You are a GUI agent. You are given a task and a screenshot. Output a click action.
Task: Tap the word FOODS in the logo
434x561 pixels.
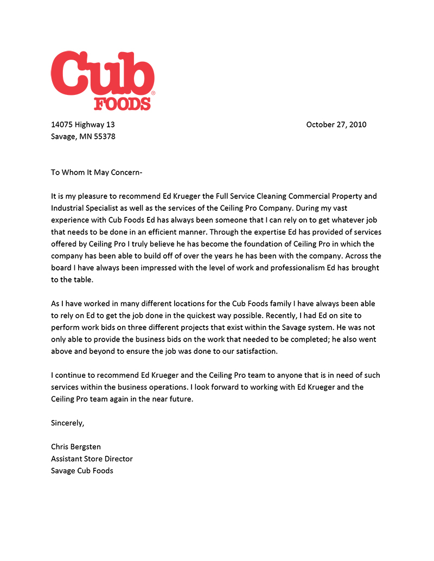122,103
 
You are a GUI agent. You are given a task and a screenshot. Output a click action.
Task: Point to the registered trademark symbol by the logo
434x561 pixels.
153,94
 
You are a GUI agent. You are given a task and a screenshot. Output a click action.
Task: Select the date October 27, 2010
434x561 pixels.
336,125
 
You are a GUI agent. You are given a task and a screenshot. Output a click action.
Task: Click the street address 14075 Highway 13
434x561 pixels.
83,125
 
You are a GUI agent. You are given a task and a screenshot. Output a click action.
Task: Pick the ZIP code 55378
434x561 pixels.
104,137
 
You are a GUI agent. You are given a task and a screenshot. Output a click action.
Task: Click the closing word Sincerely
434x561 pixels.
68,423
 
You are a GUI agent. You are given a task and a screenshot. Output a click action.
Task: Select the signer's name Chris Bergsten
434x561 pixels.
76,447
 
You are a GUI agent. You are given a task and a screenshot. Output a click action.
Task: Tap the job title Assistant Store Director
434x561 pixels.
92,459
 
